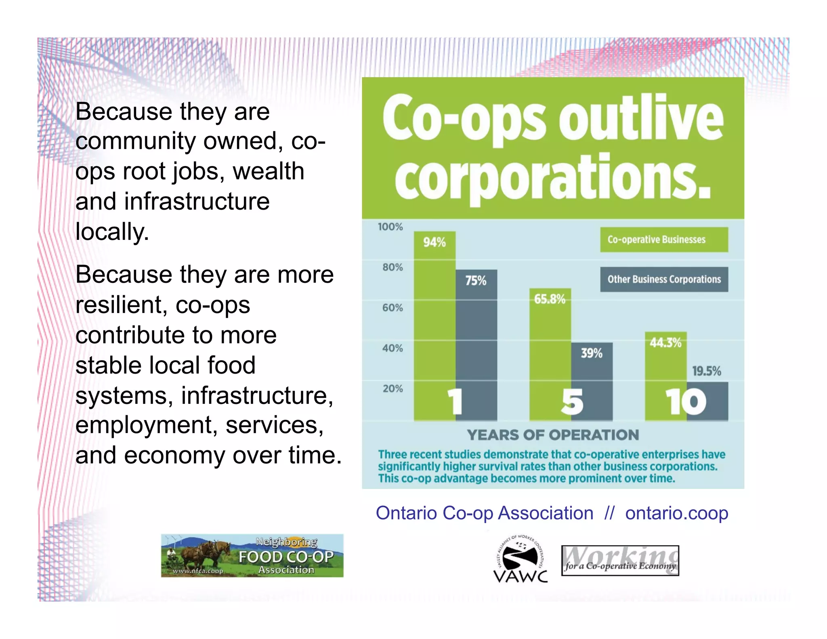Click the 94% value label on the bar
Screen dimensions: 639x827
434,242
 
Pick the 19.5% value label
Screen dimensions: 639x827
707,371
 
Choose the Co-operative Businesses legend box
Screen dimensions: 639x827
664,240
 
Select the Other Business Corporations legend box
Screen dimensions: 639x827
664,279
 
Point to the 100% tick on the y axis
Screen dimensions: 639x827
390,227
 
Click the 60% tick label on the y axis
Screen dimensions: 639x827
393,308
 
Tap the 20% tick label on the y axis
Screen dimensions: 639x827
393,389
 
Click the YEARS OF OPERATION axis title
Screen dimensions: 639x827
553,435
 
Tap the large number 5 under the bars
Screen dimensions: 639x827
572,402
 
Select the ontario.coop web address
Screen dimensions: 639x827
677,513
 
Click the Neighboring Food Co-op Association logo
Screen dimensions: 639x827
252,556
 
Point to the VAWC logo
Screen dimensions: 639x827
521,559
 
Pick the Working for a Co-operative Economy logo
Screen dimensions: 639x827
620,561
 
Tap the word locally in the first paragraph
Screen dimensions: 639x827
112,232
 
